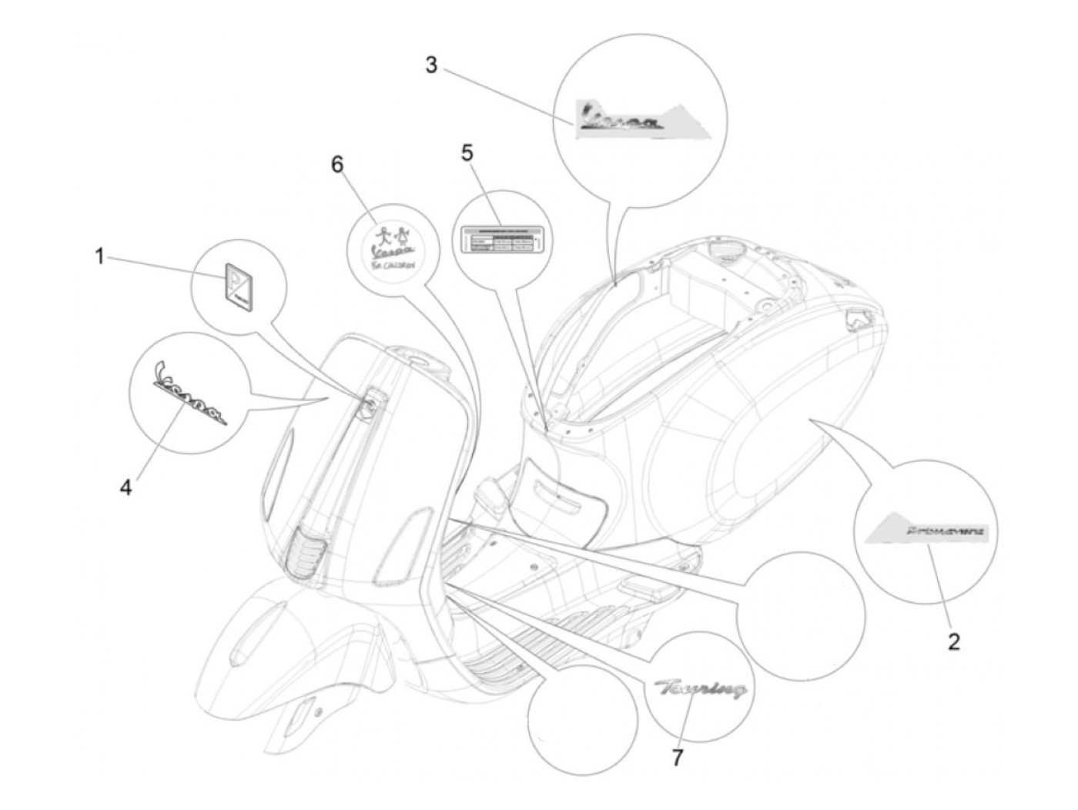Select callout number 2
point(953,641)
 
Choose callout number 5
point(466,152)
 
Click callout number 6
point(338,164)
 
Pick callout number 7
point(677,758)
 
